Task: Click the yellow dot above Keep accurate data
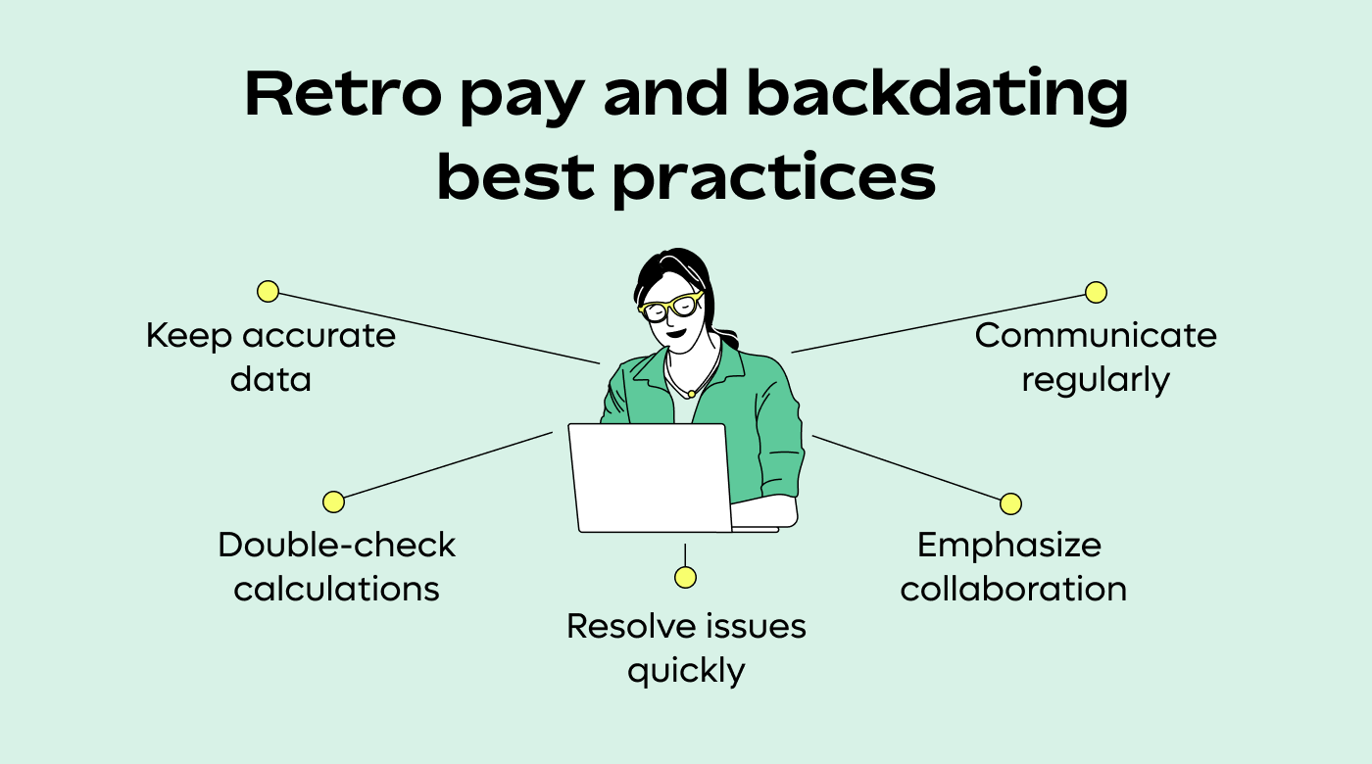pyautogui.click(x=268, y=291)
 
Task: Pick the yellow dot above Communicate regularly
pyautogui.click(x=1096, y=292)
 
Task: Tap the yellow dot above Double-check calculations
pyautogui.click(x=333, y=501)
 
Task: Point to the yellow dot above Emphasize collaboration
pyautogui.click(x=1010, y=503)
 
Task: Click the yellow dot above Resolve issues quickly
pyautogui.click(x=685, y=577)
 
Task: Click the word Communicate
pyautogui.click(x=1096, y=336)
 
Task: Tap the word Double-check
pyautogui.click(x=336, y=545)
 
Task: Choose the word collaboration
pyautogui.click(x=1013, y=589)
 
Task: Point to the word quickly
pyautogui.click(x=686, y=672)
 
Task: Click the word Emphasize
pyautogui.click(x=1009, y=545)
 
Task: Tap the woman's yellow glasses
pyautogui.click(x=672, y=306)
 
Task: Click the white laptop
pyautogui.click(x=651, y=478)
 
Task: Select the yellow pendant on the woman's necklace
pyautogui.click(x=692, y=393)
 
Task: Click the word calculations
pyautogui.click(x=336, y=589)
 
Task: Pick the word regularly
pyautogui.click(x=1096, y=380)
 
